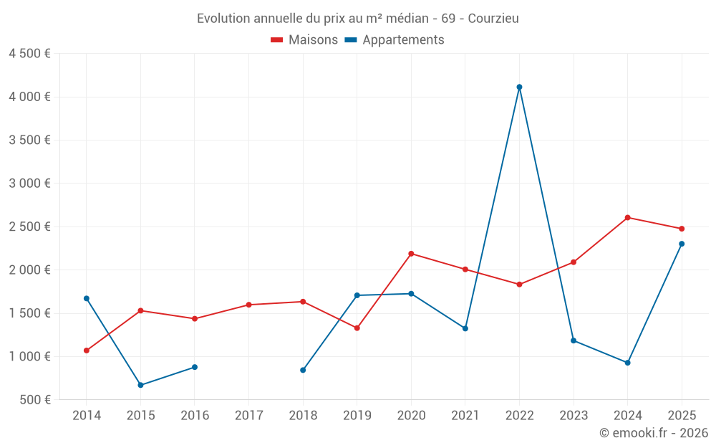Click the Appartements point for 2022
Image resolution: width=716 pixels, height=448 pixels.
(519, 87)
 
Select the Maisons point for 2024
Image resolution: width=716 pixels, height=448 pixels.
(627, 217)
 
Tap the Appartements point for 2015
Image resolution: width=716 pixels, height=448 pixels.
(140, 385)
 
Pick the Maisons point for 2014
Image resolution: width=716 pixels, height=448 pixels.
(86, 351)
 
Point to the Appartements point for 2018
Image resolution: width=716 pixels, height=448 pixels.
(303, 370)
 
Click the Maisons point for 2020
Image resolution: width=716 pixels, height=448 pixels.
(411, 253)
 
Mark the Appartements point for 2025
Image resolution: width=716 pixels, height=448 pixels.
(682, 244)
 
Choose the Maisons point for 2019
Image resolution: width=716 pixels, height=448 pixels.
(357, 328)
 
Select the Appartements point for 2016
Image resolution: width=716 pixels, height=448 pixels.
(195, 367)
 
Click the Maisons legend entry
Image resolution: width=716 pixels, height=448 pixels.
(304, 40)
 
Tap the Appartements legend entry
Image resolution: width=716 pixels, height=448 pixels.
(395, 40)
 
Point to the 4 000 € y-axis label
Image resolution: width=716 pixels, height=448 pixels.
(29, 97)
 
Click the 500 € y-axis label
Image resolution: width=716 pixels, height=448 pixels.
(34, 400)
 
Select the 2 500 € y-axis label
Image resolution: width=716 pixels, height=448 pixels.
(29, 227)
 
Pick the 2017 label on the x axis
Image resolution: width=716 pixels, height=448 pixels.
(248, 416)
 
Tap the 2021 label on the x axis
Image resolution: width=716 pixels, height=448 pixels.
(465, 416)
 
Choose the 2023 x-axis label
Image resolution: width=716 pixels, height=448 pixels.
(574, 416)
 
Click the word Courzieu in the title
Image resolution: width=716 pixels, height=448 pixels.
(493, 18)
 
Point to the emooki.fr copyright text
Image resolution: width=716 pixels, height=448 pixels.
(654, 433)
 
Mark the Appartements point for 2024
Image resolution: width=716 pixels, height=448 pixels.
(627, 363)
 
